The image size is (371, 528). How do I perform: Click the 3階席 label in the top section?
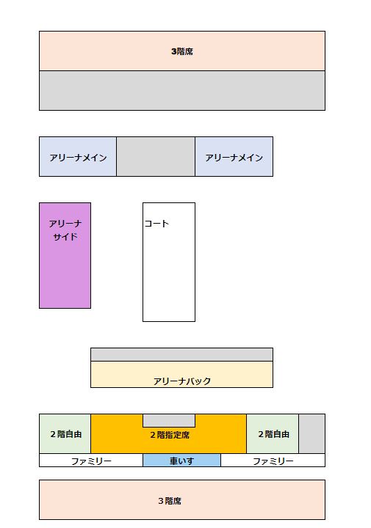tap(182, 51)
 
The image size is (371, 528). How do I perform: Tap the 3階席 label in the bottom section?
tap(170, 501)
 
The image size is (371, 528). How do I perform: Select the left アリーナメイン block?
tap(78, 157)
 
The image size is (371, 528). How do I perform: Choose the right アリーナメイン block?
tap(234, 157)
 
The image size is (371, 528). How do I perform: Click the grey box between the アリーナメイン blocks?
tap(156, 157)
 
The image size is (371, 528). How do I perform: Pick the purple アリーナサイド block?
tap(65, 256)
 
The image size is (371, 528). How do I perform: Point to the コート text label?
tap(156, 224)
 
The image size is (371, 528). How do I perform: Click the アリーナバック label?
tap(182, 381)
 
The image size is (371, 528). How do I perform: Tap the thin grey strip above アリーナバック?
tap(181, 355)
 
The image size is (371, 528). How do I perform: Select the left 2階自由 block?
tap(65, 433)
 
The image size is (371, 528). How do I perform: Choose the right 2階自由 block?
tap(273, 433)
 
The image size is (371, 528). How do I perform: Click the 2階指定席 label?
tap(170, 435)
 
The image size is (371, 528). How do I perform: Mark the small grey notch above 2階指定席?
tap(169, 421)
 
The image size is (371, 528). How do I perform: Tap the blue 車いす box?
tap(181, 461)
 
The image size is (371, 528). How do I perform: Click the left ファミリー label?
tap(91, 461)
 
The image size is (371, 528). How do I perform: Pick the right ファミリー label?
tap(273, 461)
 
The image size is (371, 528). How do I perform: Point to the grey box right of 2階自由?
tap(312, 433)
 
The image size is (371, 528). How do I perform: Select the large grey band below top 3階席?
tap(182, 91)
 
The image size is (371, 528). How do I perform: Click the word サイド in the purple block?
tap(65, 237)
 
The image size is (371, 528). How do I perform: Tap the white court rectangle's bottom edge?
tap(169, 322)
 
